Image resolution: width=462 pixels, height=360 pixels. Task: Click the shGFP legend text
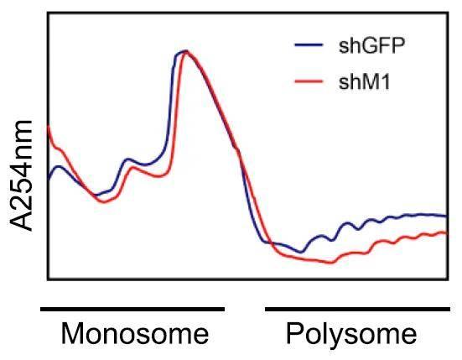click(372, 45)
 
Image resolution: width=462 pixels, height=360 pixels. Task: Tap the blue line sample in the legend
click(309, 45)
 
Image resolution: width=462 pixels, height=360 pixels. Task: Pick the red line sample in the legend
click(309, 82)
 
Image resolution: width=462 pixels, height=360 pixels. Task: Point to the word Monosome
click(135, 334)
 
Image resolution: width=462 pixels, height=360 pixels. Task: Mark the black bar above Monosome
click(132, 308)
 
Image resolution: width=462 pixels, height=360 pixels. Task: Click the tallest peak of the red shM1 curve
click(187, 52)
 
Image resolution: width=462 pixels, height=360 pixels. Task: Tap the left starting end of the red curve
click(48, 128)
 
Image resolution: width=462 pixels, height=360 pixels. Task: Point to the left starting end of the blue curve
click(48, 179)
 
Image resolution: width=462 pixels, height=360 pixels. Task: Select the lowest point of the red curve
click(331, 263)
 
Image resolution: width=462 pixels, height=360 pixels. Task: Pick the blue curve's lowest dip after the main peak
click(303, 252)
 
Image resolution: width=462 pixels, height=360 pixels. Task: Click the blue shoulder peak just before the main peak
click(128, 159)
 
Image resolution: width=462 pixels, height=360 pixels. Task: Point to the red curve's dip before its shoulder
click(102, 202)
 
